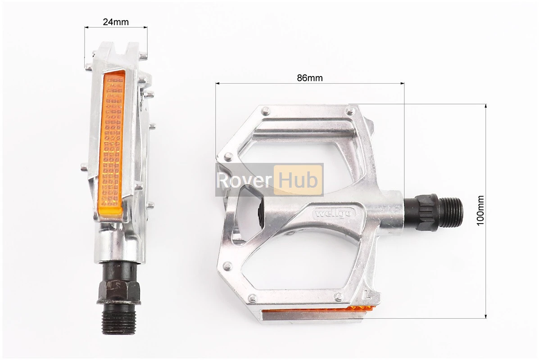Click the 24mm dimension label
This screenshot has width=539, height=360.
pyautogui.click(x=116, y=22)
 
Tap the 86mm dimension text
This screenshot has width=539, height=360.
pyautogui.click(x=310, y=78)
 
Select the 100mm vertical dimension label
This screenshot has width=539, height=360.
pyautogui.click(x=480, y=211)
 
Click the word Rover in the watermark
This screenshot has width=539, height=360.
pyautogui.click(x=244, y=180)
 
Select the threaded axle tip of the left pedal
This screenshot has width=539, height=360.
pyautogui.click(x=119, y=319)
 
